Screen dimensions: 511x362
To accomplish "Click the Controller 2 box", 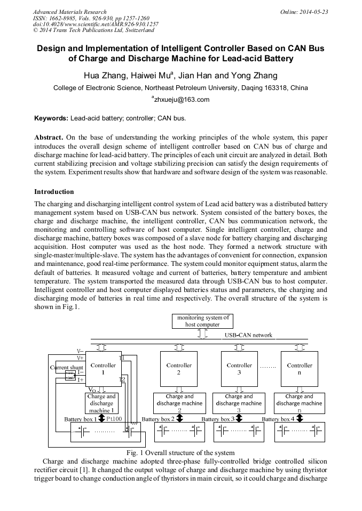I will coord(179,369).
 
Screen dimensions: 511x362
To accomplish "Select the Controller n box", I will coord(300,369).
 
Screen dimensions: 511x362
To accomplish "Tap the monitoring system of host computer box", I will coord(202,321).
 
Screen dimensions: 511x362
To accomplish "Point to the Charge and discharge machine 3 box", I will coord(239,403).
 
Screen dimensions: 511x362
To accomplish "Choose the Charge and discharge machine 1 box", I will coord(101,403).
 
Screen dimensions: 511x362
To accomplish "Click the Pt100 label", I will coord(114,419).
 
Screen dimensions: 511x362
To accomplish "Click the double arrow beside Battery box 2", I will coord(180,419).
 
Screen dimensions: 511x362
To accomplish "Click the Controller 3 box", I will coord(239,369).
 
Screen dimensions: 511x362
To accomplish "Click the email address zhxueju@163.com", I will coord(182,100).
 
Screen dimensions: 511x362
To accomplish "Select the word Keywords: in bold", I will coord(51,118).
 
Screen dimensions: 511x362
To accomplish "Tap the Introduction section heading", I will coord(54,191).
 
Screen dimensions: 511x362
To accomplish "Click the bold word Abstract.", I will coord(49,137).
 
